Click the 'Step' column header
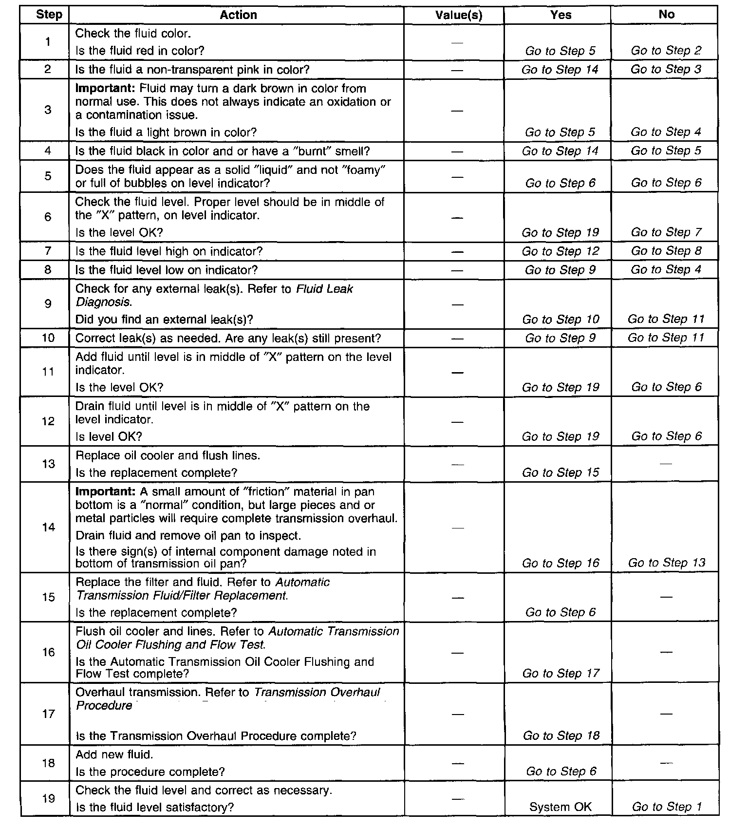[x=49, y=15]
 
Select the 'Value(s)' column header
[x=458, y=15]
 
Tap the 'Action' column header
[x=238, y=15]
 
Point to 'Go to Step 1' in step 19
[x=667, y=807]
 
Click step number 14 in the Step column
[x=48, y=527]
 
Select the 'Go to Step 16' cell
[x=561, y=563]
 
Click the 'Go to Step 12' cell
[x=561, y=251]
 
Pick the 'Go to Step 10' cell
[x=561, y=320]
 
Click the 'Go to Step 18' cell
[x=561, y=735]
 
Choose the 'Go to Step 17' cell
[x=561, y=674]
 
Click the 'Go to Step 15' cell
[x=561, y=472]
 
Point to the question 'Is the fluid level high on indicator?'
[x=169, y=251]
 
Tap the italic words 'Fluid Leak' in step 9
[x=325, y=289]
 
